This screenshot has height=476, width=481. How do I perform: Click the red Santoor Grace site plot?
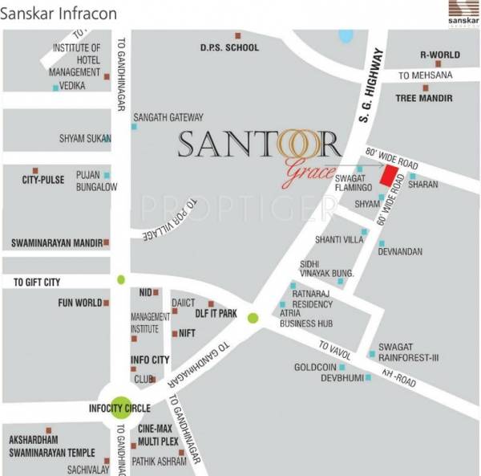click(x=389, y=177)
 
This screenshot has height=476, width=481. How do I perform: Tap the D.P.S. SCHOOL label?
click(x=229, y=47)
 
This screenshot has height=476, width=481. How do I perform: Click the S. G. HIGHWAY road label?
click(x=370, y=87)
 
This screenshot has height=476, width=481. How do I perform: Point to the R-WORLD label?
click(x=440, y=55)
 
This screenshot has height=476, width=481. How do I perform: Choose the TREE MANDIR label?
click(x=424, y=98)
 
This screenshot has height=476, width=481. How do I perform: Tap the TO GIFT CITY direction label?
click(x=36, y=283)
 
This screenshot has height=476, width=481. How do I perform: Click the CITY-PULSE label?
click(x=42, y=181)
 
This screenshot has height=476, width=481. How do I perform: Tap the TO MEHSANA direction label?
click(x=426, y=75)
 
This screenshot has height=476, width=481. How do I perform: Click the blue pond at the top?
click(x=346, y=36)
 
